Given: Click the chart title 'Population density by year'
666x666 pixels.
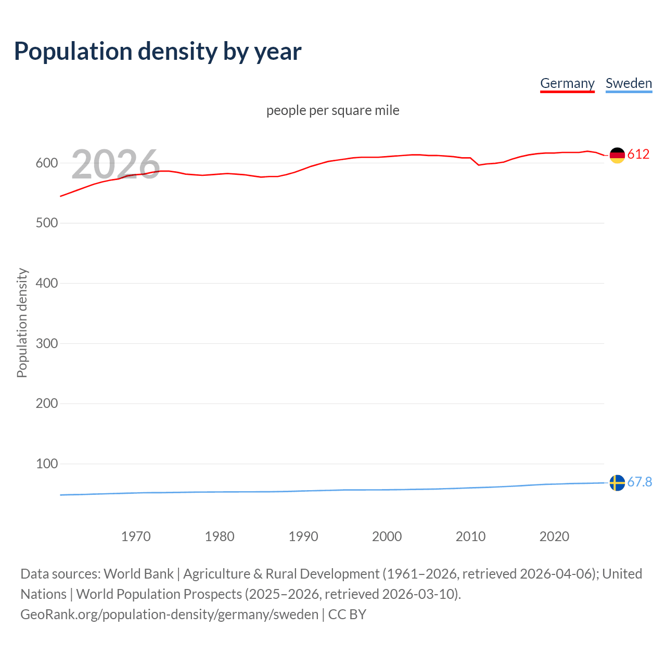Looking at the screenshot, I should point(158,52).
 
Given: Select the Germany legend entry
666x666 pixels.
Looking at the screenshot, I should point(567,83).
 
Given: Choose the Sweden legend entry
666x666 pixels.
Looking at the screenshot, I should point(629,83).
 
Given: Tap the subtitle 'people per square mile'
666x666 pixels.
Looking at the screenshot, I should point(332,110).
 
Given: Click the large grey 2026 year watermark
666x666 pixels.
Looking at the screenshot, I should point(116,164).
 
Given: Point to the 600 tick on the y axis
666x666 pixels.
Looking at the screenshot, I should point(46,163).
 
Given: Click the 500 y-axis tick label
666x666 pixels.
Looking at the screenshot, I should point(46,223).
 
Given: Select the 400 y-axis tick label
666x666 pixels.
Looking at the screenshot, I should point(46,283).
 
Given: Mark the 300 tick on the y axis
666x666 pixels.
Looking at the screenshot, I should point(46,343).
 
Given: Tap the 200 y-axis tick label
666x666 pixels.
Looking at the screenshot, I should point(46,403).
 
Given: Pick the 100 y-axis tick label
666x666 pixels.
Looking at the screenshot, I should point(46,464).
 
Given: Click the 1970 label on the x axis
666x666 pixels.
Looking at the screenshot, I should point(136,536).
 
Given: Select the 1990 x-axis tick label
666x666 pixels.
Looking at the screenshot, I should point(303,536).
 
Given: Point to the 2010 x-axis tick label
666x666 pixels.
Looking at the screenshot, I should point(470,536).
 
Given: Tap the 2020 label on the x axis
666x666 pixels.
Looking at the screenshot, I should point(554,536).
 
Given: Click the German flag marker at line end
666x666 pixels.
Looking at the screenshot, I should point(617,155).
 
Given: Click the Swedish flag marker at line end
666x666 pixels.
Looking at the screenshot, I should point(617,483).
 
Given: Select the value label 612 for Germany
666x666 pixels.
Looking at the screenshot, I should point(638,154).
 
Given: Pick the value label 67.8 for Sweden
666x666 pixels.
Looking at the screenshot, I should point(639,482).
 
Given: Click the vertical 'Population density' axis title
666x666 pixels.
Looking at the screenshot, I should point(22,323).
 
